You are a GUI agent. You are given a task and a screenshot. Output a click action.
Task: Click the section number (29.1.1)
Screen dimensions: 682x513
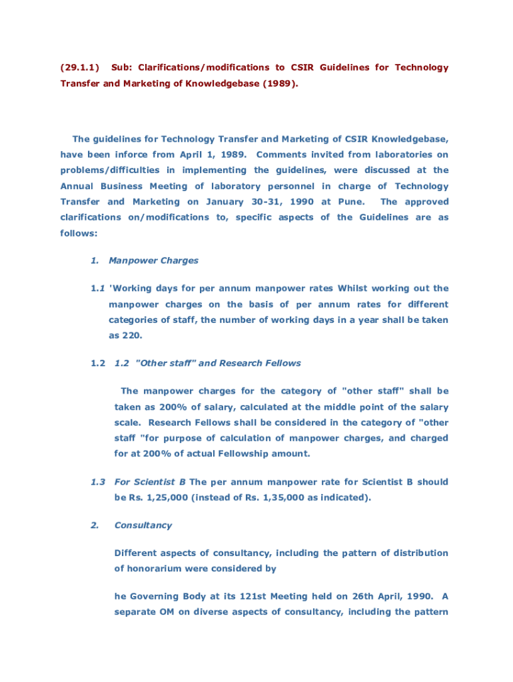(x=79, y=67)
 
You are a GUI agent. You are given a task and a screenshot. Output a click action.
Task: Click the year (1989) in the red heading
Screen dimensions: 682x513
(x=276, y=84)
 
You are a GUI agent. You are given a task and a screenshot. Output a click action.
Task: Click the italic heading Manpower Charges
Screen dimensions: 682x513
(x=153, y=260)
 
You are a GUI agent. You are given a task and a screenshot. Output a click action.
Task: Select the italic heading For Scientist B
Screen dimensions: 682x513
(x=150, y=482)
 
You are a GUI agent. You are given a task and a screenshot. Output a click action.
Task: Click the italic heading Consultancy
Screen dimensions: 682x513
(x=143, y=525)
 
